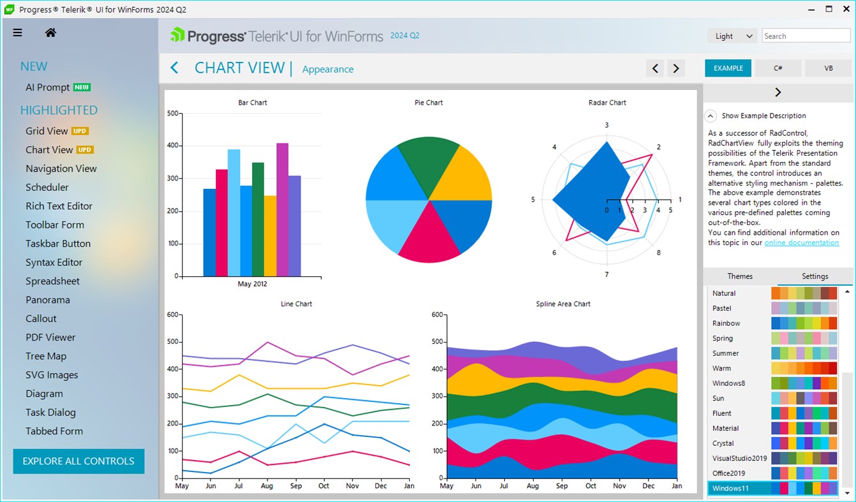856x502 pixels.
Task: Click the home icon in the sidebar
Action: pos(50,33)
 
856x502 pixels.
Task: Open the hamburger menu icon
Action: pos(17,33)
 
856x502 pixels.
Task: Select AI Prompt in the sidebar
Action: pos(48,87)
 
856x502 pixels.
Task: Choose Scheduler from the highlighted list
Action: pos(47,188)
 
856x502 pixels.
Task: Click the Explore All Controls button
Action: pos(79,461)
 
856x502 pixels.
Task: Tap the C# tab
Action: pos(778,68)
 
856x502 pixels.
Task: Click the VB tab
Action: pos(829,68)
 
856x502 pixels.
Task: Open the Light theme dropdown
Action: pos(732,36)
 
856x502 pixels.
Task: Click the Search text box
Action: pos(806,36)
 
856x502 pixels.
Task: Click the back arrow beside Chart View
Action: pos(174,68)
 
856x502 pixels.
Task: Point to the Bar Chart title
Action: pos(253,103)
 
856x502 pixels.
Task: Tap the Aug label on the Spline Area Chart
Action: pos(532,486)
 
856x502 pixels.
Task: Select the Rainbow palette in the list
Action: pos(726,323)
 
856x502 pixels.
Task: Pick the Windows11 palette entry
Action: pos(730,489)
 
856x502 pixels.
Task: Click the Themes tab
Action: pos(740,276)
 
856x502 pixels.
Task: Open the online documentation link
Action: pos(802,242)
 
